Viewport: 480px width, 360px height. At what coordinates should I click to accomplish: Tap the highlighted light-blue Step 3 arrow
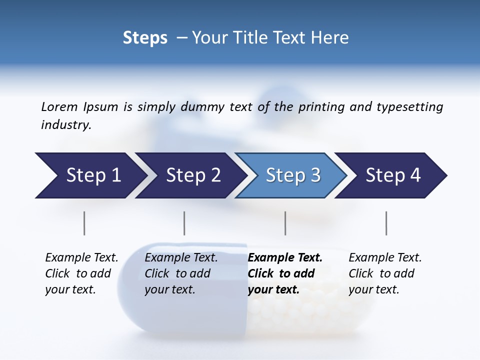(292, 175)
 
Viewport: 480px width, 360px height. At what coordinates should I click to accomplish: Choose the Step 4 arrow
(392, 175)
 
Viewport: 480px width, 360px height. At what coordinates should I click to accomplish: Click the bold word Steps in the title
(145, 38)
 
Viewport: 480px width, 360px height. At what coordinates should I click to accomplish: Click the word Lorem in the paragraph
(59, 106)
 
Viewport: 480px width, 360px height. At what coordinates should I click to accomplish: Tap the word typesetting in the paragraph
(409, 107)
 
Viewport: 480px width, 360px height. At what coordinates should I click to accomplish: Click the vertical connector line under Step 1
(84, 223)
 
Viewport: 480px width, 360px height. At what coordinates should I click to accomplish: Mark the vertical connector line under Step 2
(184, 223)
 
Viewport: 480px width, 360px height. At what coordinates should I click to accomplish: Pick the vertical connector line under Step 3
(285, 223)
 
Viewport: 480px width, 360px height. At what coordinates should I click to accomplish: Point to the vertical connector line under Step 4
(386, 223)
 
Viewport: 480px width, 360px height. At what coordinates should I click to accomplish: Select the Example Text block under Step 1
(81, 273)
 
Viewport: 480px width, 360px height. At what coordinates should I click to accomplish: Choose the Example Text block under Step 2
(181, 273)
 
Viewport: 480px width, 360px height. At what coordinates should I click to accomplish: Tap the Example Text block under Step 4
(385, 273)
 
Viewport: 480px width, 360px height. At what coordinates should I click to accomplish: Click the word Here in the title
(329, 38)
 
